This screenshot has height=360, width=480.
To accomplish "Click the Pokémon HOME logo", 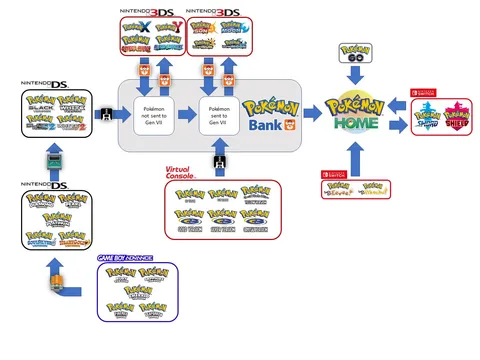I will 358,109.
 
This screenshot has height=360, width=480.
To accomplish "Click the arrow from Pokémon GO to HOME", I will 358,77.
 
